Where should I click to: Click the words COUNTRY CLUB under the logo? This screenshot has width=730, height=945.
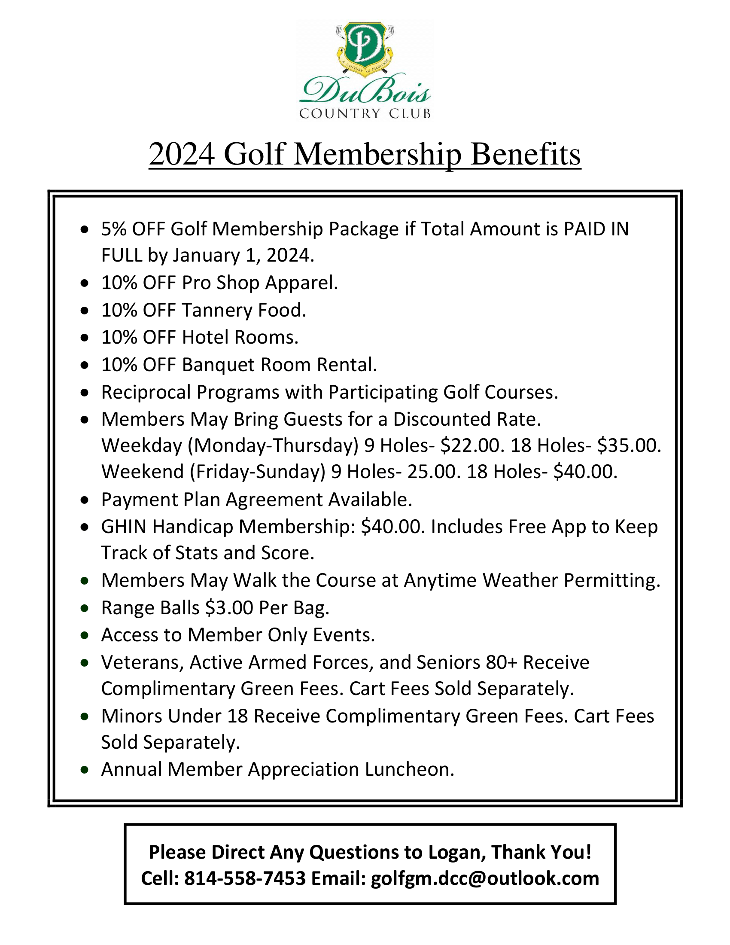[365, 114]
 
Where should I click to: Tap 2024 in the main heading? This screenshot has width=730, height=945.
[182, 154]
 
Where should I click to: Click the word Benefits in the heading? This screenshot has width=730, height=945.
[526, 154]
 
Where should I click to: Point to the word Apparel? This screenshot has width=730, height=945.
[301, 283]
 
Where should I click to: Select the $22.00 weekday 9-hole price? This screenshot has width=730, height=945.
[470, 445]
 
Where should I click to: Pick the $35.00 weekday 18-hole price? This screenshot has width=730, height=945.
[629, 445]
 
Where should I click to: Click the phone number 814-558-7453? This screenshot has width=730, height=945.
[245, 878]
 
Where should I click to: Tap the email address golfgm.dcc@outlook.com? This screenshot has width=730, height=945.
[485, 878]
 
